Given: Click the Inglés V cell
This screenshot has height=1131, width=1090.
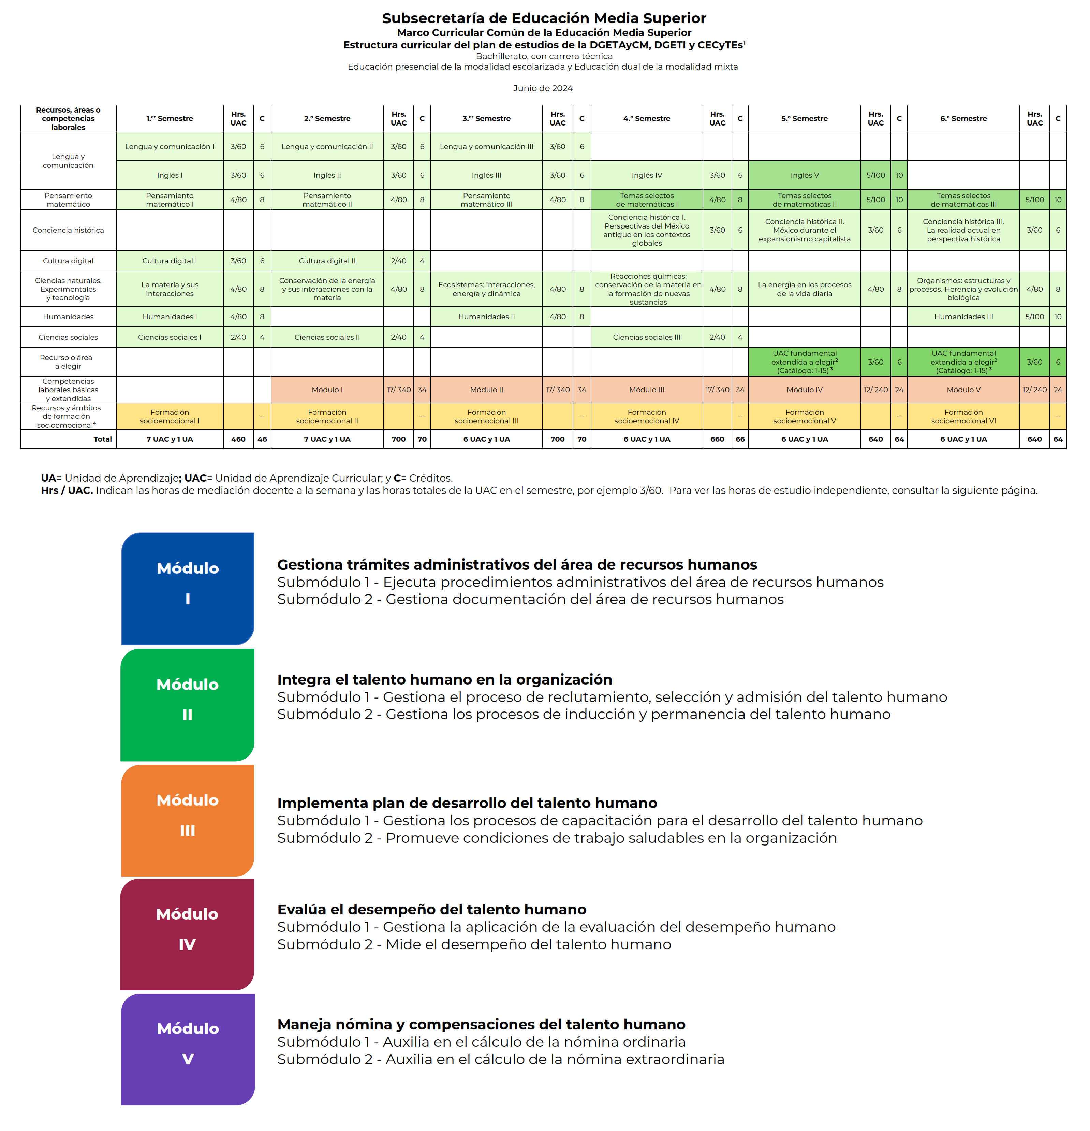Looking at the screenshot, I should pos(805,175).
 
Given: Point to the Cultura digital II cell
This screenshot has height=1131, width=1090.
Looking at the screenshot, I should pos(327,261).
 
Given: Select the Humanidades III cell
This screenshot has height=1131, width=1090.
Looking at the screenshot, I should pos(963,317).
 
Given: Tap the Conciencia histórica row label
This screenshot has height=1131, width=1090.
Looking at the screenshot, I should pos(68,230).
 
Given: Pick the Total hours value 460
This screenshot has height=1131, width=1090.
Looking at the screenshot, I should pos(238,439).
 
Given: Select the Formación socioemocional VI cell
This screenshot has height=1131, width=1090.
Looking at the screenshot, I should pos(963,417).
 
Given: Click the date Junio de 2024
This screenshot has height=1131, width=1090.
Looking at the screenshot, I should pos(542,88).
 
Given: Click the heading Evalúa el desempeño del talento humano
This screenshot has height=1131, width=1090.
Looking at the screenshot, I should pos(432,909).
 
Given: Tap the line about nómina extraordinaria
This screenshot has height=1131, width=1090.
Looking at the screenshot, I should pos(500,1059).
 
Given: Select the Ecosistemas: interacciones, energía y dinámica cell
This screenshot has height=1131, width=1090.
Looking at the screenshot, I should pos(486,289).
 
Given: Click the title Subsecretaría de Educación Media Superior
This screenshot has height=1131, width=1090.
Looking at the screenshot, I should pos(544,18).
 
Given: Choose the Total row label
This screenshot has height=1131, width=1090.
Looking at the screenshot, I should pos(103,439).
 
